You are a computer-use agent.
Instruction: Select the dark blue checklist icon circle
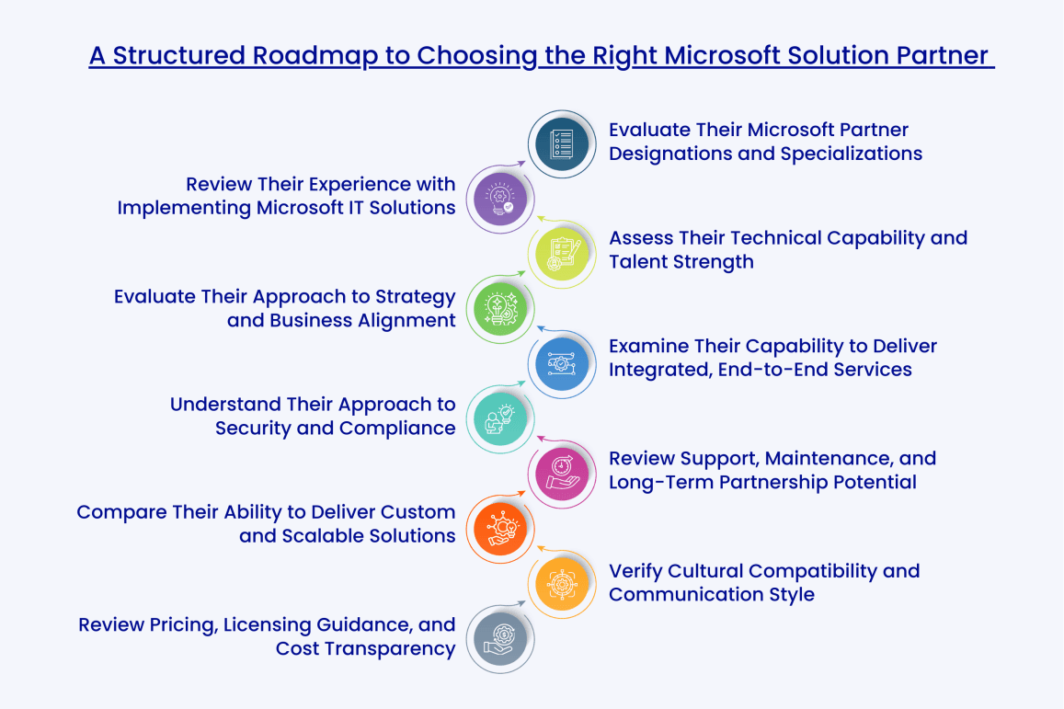point(562,144)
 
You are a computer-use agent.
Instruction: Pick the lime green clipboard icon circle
point(562,253)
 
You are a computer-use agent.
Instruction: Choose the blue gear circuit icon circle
point(562,362)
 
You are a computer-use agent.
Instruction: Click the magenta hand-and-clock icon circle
point(562,473)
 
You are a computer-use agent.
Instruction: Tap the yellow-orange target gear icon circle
point(562,583)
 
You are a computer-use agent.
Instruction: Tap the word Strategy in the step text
point(410,297)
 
